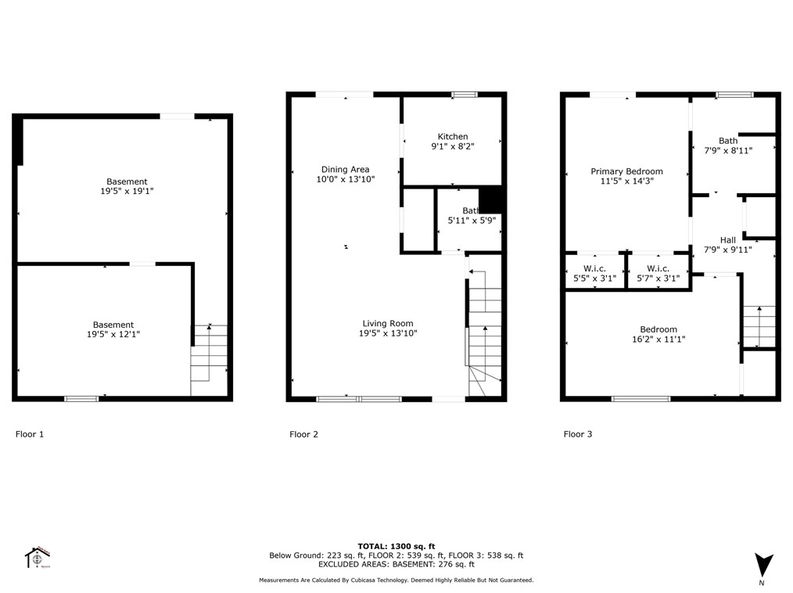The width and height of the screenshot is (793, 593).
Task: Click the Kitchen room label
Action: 453,137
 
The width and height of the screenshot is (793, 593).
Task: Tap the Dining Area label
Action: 345,169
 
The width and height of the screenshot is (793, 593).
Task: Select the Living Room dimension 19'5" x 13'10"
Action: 388,333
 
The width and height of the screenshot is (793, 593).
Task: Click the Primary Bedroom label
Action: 626,171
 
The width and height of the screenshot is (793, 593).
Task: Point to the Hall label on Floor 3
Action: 727,240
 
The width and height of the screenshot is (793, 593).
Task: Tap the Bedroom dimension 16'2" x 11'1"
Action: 658,340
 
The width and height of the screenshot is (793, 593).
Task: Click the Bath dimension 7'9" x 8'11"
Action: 727,151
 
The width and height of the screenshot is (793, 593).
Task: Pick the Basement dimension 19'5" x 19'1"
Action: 127,191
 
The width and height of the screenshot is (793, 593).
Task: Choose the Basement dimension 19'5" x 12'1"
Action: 113,334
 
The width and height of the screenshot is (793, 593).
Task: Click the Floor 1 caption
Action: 30,433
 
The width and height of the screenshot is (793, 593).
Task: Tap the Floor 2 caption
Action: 303,434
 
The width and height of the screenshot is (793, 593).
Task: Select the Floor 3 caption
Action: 578,433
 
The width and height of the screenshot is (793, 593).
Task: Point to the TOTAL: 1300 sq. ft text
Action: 396,546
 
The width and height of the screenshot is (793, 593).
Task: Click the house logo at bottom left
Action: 38,557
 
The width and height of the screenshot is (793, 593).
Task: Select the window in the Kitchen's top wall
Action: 465,95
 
